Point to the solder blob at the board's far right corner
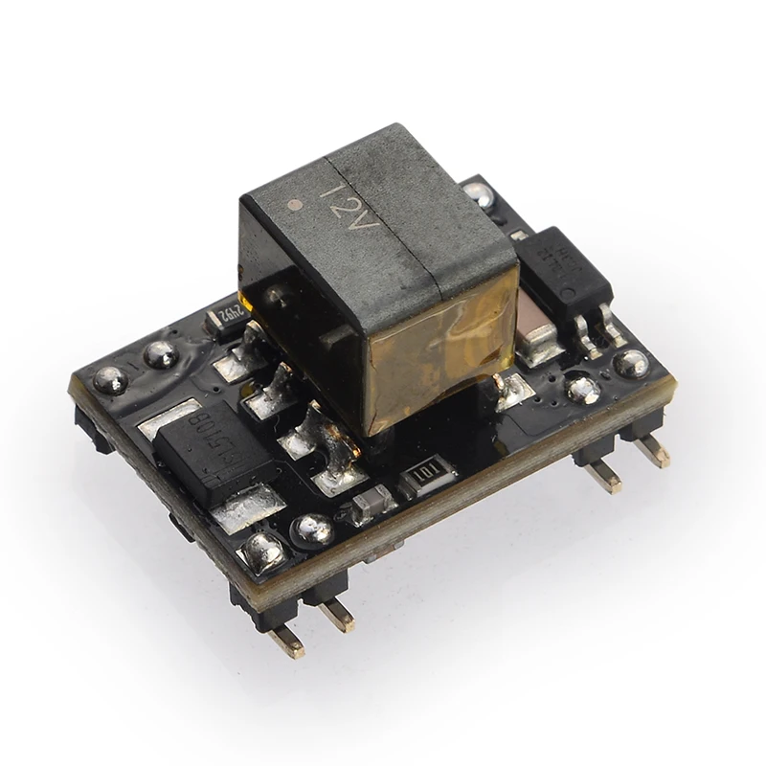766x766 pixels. click(631, 362)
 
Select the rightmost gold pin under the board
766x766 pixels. click(653, 450)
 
